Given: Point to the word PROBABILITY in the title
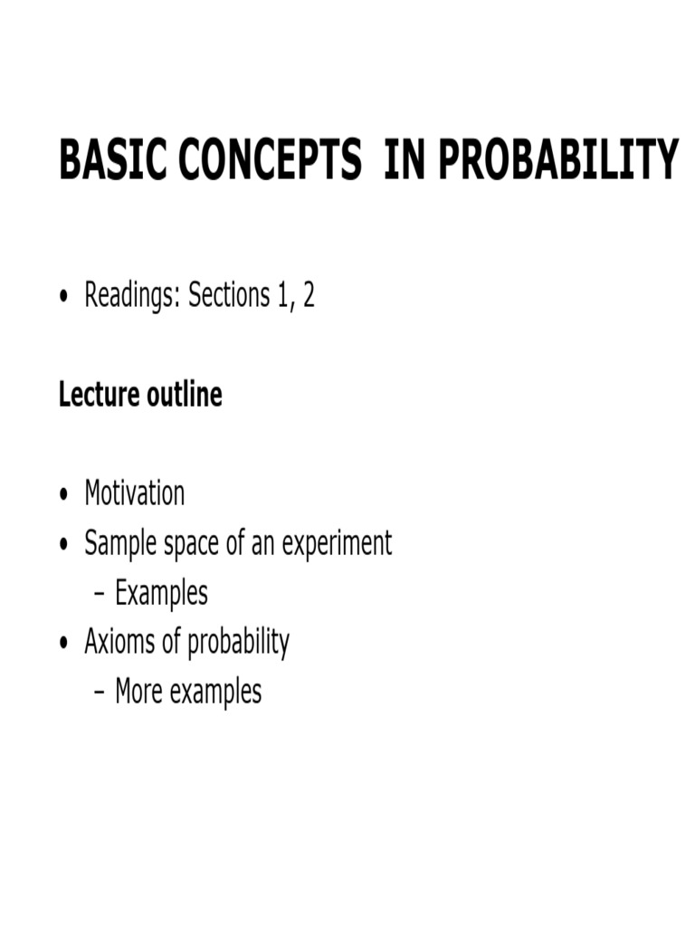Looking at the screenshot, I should coord(559,160).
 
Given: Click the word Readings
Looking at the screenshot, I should coord(130,297).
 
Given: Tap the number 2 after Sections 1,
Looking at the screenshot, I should coord(309,297).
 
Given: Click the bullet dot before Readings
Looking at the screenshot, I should coord(64,299).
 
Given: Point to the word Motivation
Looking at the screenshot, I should coord(134,494).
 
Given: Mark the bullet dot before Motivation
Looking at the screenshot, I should coord(64,496).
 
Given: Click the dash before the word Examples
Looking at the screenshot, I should coord(100,595).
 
